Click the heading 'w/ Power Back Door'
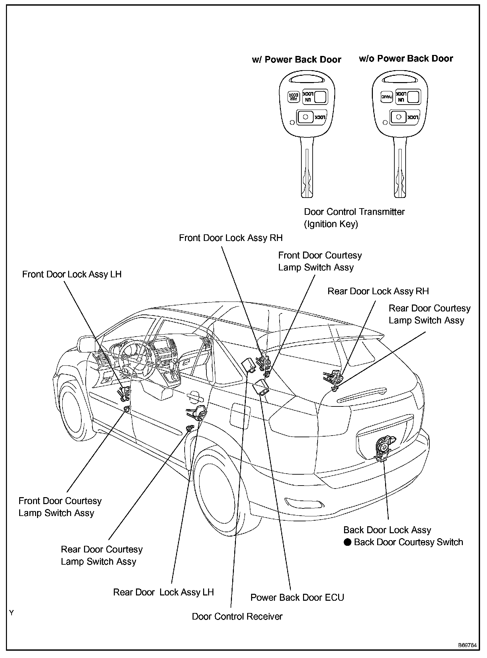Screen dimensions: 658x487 tap(296, 60)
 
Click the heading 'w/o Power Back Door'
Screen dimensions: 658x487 tap(406, 59)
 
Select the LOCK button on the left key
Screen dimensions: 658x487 tap(312, 117)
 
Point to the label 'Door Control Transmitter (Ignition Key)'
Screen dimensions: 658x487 tap(354, 218)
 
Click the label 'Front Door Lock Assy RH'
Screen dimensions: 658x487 tap(231, 238)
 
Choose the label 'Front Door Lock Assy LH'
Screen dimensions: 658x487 tap(72, 274)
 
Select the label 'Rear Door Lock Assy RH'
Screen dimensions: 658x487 tap(378, 291)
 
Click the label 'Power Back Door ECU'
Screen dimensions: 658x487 tap(297, 597)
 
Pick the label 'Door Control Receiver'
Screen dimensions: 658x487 tap(237, 616)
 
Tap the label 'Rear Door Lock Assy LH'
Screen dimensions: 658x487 tap(163, 592)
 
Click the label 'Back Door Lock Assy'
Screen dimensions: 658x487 tap(387, 530)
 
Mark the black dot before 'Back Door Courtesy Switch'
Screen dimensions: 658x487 tap(347, 542)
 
